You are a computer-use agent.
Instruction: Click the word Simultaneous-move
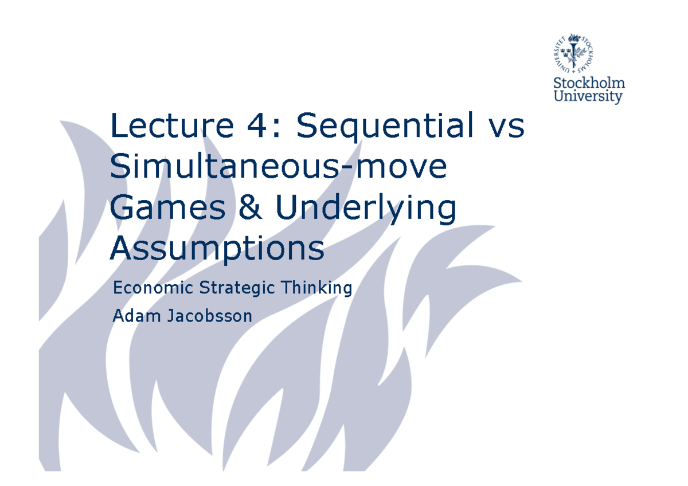278,167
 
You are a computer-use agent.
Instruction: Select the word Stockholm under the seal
588,84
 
